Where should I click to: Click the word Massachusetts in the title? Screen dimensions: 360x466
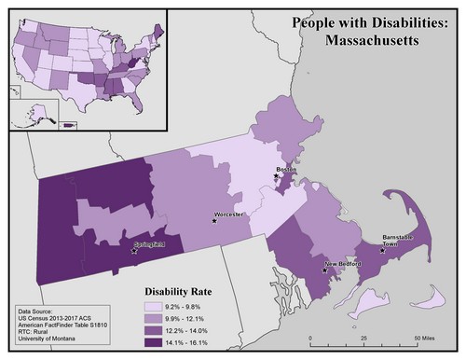point(376,40)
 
